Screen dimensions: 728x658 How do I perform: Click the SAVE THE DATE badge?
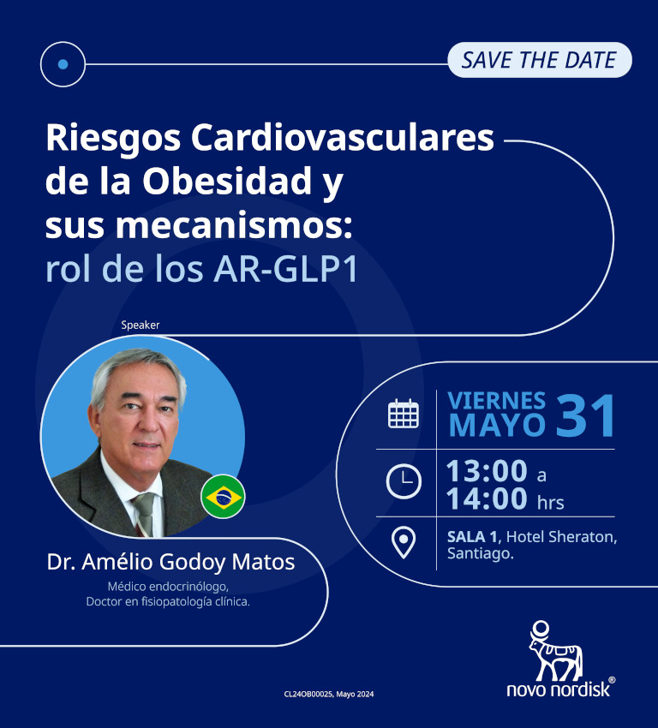click(x=539, y=60)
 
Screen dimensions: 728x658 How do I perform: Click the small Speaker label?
click(x=141, y=325)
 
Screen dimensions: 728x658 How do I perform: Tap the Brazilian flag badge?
click(x=223, y=497)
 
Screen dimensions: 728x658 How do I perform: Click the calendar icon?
click(x=404, y=414)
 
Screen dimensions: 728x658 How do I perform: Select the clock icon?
click(x=404, y=480)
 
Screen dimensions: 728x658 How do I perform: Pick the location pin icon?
click(x=404, y=542)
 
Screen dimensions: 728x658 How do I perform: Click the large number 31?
click(x=587, y=417)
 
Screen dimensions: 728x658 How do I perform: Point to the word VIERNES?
click(x=497, y=400)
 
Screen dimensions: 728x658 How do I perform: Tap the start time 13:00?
click(x=486, y=470)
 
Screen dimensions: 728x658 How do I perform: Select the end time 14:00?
click(x=486, y=499)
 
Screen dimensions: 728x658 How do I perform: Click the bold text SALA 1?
click(x=474, y=537)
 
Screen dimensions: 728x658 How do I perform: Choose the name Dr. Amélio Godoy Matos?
click(x=171, y=563)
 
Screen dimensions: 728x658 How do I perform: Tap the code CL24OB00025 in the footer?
click(x=307, y=694)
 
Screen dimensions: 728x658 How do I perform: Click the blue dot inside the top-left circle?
click(x=63, y=63)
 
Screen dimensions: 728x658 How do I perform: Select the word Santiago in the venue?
click(x=480, y=554)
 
